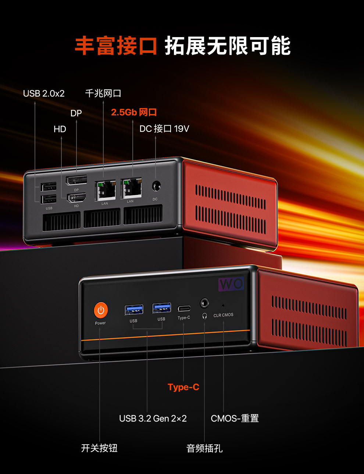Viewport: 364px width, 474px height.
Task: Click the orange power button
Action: click(101, 310)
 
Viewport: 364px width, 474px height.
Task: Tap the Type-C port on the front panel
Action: click(184, 309)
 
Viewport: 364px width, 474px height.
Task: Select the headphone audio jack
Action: click(204, 303)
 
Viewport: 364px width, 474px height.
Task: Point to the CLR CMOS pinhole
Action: click(223, 305)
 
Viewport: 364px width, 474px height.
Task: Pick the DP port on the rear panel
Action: click(76, 180)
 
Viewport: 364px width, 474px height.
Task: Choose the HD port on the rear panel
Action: click(76, 198)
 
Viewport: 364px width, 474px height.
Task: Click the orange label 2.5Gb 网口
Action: click(134, 112)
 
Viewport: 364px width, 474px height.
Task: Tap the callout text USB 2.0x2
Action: click(44, 94)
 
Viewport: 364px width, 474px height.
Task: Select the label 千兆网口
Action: click(103, 93)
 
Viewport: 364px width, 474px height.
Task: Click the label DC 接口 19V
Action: click(164, 129)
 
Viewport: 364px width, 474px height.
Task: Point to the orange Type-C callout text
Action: click(183, 387)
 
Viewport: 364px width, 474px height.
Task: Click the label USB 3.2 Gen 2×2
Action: click(153, 419)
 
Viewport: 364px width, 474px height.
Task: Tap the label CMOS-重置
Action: click(235, 419)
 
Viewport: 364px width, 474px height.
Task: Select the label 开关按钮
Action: click(99, 448)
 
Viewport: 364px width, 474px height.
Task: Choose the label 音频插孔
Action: click(204, 448)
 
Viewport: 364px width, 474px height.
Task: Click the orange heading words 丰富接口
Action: click(116, 46)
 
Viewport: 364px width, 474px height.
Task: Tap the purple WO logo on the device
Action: click(231, 284)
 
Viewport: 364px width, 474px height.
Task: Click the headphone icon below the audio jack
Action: click(205, 316)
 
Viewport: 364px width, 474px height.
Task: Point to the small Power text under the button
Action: click(100, 323)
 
